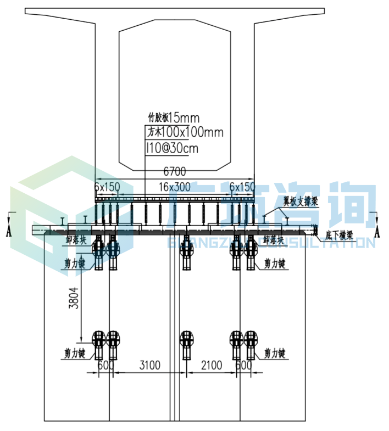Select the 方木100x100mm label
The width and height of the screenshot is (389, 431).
point(185,132)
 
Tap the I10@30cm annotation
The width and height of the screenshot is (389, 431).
point(172,148)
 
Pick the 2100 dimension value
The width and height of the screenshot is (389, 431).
point(212,365)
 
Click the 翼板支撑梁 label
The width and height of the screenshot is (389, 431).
point(301,201)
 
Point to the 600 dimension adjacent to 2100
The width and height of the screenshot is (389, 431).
point(243,365)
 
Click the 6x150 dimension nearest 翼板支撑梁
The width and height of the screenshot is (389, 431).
point(242,187)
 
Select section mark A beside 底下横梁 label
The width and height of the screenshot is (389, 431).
point(377,231)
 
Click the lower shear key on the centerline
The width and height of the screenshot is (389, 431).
point(187,342)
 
